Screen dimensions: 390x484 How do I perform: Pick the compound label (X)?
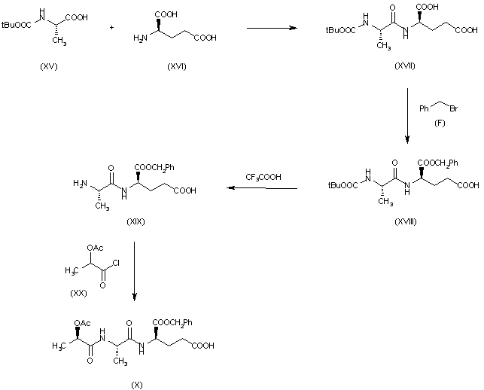135,384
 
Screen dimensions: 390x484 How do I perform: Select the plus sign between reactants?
112,28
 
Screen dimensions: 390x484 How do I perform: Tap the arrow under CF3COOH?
262,190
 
